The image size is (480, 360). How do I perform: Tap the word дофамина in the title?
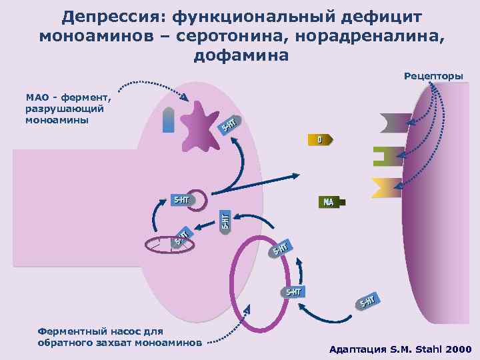241,55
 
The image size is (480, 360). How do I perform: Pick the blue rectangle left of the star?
169,120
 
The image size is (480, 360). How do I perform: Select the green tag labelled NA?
328,202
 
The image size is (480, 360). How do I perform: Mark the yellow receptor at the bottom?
386,188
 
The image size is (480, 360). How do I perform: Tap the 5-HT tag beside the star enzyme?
228,124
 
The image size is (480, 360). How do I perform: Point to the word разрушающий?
63,109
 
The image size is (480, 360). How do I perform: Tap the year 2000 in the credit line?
458,349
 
